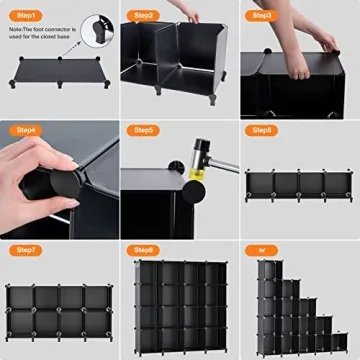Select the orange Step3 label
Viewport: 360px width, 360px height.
pyautogui.click(x=262, y=15)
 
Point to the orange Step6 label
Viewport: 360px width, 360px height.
pyautogui.click(x=262, y=130)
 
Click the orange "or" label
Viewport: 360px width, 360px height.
pyautogui.click(x=261, y=249)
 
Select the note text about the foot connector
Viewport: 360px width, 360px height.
pyautogui.click(x=45, y=36)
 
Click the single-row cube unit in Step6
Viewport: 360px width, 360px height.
pyautogui.click(x=300, y=186)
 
